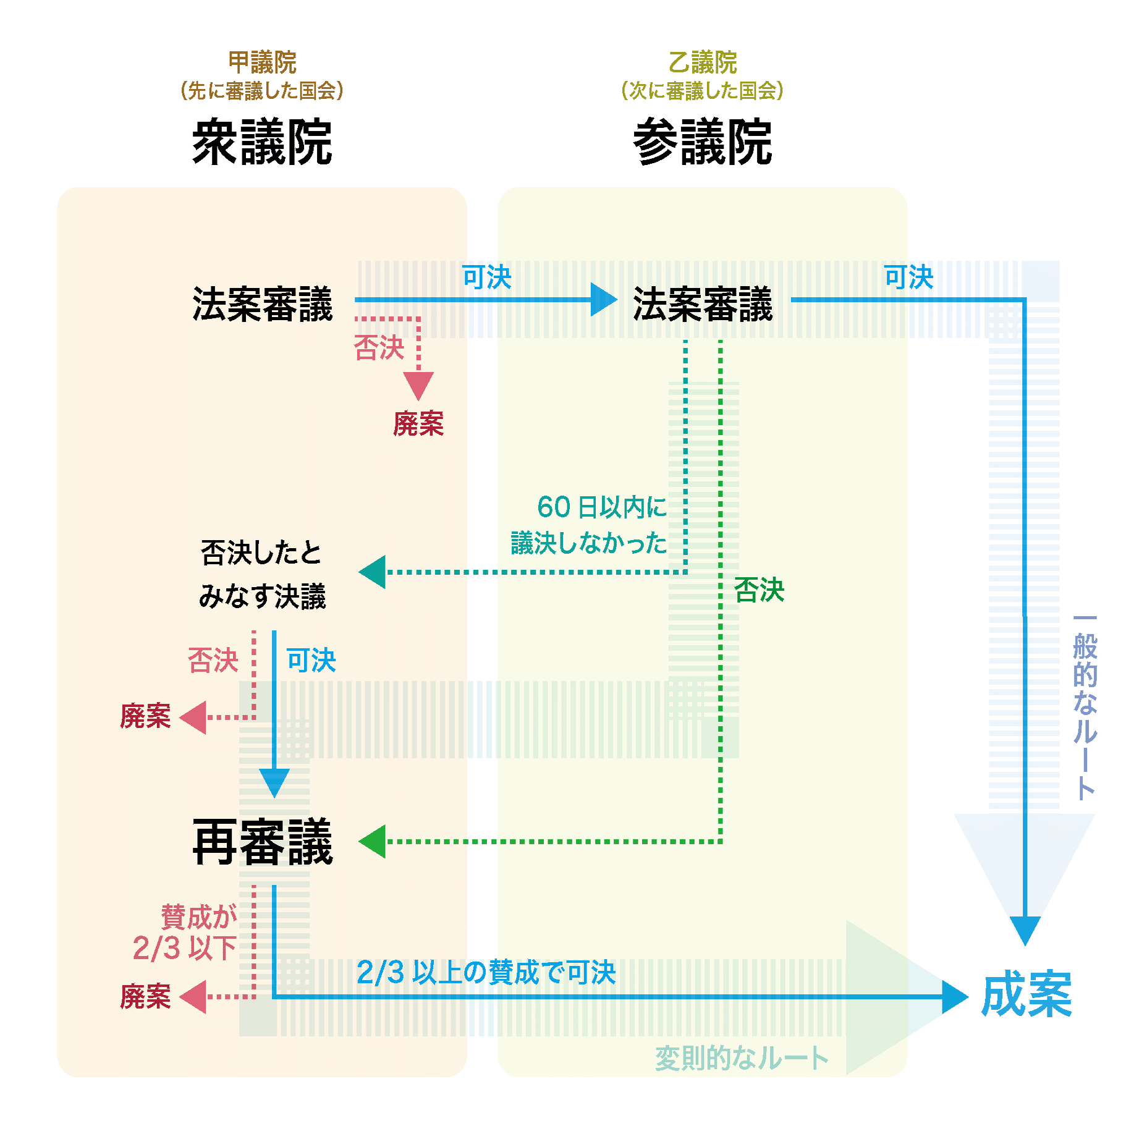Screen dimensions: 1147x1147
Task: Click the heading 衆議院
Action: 262,143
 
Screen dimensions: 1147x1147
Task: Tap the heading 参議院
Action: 703,143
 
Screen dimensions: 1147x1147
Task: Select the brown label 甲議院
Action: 262,62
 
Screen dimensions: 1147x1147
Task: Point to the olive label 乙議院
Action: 703,62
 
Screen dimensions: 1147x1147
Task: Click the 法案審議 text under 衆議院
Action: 262,304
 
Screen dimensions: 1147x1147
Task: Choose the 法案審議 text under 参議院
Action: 703,304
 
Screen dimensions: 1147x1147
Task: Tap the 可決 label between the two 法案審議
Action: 487,277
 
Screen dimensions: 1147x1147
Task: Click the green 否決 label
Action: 759,590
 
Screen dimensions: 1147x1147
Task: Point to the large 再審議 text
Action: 262,842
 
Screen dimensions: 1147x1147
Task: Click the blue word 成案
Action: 1026,994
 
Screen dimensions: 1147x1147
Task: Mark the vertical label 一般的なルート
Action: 1085,708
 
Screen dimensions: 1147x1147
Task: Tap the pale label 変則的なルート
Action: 741,1058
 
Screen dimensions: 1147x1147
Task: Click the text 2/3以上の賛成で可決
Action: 486,973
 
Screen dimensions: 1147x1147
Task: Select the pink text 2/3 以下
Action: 185,948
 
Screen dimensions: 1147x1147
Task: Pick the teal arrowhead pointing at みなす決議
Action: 373,572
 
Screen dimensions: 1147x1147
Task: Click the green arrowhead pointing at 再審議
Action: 373,841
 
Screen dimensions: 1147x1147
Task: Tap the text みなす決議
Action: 262,596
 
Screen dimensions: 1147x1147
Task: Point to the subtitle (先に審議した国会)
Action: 262,91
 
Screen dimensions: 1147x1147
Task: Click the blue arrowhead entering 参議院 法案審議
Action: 603,300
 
